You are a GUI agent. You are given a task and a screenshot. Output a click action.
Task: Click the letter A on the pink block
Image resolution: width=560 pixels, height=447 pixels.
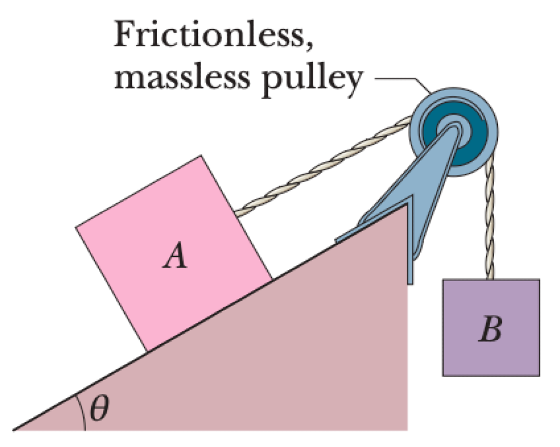pos(175,258)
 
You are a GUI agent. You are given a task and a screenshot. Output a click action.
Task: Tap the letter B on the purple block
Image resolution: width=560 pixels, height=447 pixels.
pos(491,330)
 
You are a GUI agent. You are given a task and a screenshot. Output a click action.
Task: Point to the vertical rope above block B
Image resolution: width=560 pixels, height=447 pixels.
pos(490,223)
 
